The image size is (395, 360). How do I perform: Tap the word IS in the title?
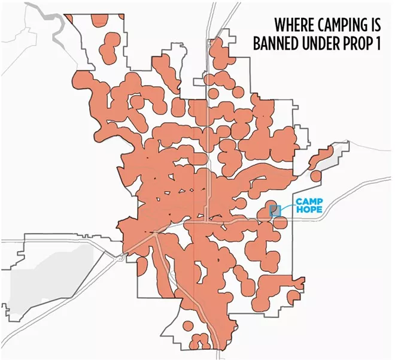[x=377, y=26]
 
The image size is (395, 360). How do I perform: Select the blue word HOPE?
[x=308, y=210]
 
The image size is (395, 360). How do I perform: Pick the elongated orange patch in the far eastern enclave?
[x=323, y=158]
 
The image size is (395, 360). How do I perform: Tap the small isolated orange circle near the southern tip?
[x=188, y=326]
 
